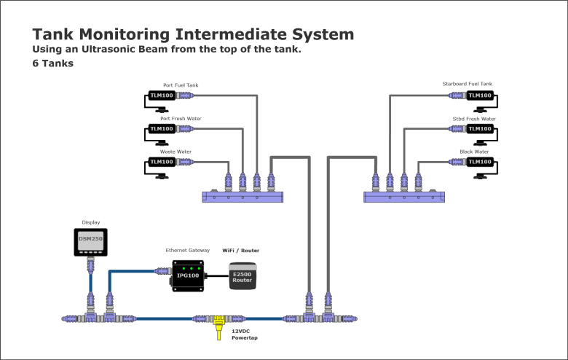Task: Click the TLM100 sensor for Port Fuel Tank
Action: click(161, 95)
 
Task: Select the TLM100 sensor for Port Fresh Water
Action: click(161, 129)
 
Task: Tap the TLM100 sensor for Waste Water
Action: click(161, 162)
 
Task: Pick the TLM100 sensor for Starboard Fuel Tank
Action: click(479, 95)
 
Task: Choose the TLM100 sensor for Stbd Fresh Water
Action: click(479, 129)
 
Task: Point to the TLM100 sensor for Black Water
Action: click(479, 162)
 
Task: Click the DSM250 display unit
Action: click(90, 241)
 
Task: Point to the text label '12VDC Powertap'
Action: click(245, 334)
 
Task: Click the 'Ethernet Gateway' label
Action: click(187, 250)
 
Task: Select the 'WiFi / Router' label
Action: click(240, 250)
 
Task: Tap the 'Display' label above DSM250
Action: click(90, 222)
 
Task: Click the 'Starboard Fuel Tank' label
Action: click(467, 85)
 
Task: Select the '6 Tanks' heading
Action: click(52, 63)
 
